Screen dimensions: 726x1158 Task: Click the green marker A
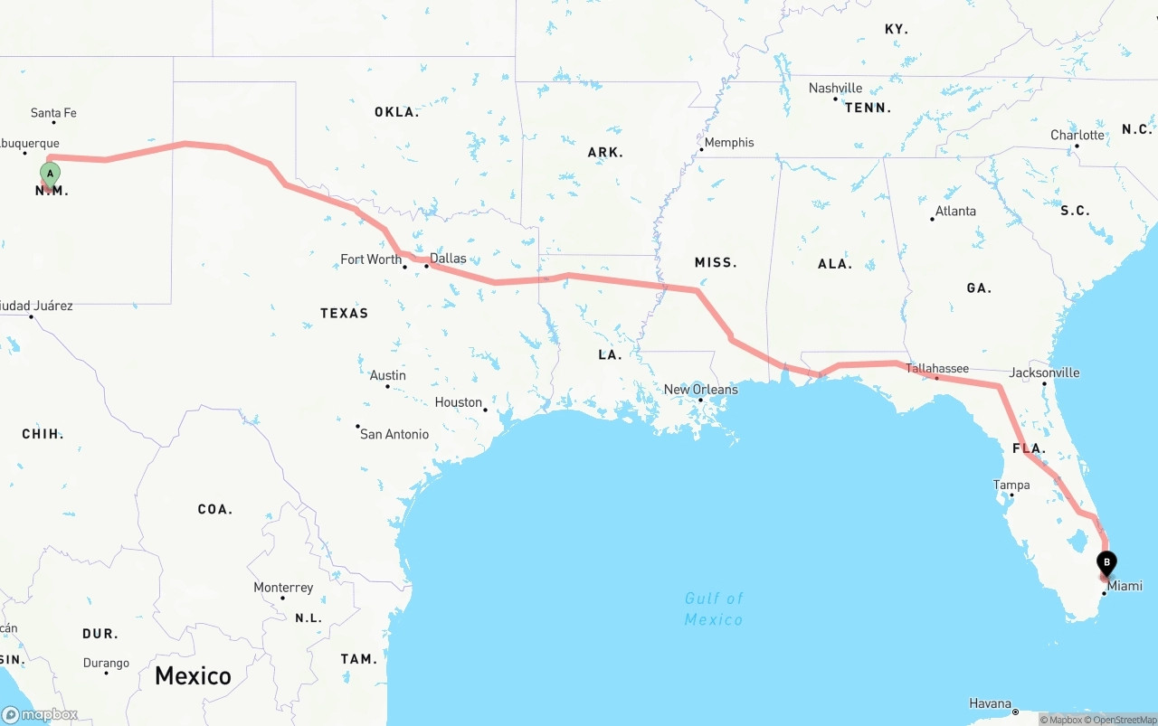coord(51,173)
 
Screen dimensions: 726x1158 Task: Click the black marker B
coord(1106,562)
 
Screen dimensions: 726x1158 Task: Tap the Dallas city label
coord(448,259)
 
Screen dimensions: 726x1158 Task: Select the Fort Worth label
coord(371,259)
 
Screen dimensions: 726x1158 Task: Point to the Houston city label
coord(459,402)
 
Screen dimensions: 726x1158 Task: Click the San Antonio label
coord(394,434)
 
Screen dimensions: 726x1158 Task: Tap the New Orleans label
coord(700,390)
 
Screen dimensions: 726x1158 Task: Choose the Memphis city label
coord(729,143)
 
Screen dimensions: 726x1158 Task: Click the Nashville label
coord(835,88)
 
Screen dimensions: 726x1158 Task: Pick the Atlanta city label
coord(955,212)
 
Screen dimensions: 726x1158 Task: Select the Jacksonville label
coord(1045,372)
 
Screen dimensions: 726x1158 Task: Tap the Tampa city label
coord(1011,486)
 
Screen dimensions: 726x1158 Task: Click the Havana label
coord(990,703)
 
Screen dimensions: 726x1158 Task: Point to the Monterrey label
coord(283,588)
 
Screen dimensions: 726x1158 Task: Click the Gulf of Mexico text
coord(714,608)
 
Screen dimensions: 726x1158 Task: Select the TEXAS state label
coord(344,313)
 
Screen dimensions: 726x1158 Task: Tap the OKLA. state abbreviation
coord(396,112)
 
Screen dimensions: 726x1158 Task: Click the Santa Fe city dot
coord(53,122)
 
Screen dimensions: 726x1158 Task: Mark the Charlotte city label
coord(1077,136)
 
